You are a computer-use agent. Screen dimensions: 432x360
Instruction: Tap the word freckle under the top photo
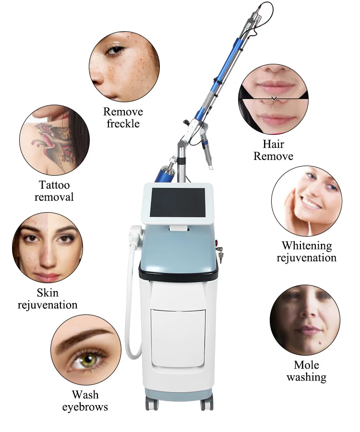(x=123, y=124)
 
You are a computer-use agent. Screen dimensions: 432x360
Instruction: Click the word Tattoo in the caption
(x=54, y=185)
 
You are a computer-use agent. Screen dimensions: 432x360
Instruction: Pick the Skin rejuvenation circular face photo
(x=48, y=248)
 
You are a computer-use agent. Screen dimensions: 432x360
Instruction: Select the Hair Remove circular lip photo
(x=273, y=100)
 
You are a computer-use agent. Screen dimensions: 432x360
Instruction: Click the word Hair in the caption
(x=273, y=144)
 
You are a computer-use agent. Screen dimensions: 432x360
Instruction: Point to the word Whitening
(x=306, y=246)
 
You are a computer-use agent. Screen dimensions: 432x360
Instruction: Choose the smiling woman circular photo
(x=306, y=201)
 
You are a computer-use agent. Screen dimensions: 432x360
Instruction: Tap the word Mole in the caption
(x=306, y=365)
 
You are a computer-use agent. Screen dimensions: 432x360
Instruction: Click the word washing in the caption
(x=306, y=377)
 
